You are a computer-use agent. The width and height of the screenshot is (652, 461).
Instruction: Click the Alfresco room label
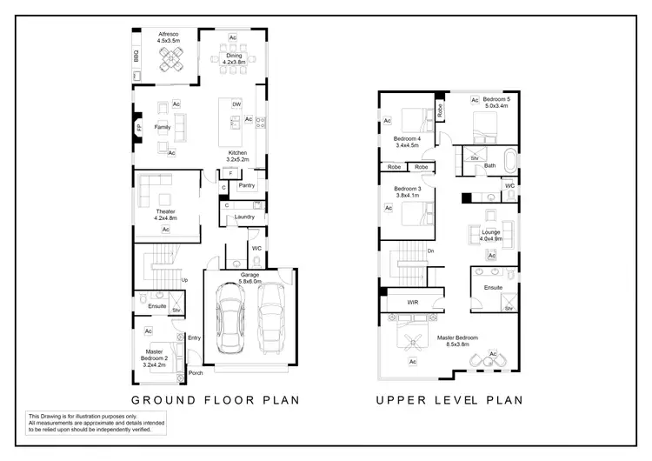169,33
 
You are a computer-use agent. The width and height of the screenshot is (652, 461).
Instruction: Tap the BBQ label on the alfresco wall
136,56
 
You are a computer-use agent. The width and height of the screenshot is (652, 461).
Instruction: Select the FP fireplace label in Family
137,128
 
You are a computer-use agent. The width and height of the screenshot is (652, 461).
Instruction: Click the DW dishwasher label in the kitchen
236,104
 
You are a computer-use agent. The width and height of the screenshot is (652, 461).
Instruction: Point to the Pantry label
246,185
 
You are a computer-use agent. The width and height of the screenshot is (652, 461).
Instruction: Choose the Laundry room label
243,217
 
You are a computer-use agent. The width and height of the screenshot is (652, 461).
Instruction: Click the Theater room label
165,211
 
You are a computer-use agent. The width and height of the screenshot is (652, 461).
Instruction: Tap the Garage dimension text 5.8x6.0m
250,282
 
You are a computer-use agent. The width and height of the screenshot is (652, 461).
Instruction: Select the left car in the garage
231,319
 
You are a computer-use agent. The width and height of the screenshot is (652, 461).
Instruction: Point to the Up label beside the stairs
184,280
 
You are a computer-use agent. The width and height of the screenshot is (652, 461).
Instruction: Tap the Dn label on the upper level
430,251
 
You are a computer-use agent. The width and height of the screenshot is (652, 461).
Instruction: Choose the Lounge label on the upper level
490,233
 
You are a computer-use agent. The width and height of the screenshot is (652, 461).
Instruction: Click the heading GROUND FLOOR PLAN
215,400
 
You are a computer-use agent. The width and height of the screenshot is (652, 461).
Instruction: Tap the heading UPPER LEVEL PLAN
449,400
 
